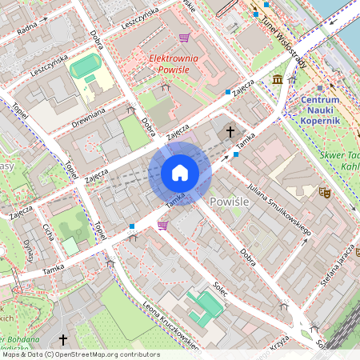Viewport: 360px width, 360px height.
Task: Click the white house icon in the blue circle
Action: pos(180,173)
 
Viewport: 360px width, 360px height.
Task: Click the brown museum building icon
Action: pos(277,79)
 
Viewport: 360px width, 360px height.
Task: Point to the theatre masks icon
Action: pos(325,192)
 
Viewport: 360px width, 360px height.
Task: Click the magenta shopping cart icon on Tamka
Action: pos(163,226)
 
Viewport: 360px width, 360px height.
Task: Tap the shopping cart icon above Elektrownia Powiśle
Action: pos(184,37)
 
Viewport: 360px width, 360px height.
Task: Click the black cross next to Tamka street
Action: pos(230,130)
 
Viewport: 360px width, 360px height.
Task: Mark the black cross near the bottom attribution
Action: pos(63,340)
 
